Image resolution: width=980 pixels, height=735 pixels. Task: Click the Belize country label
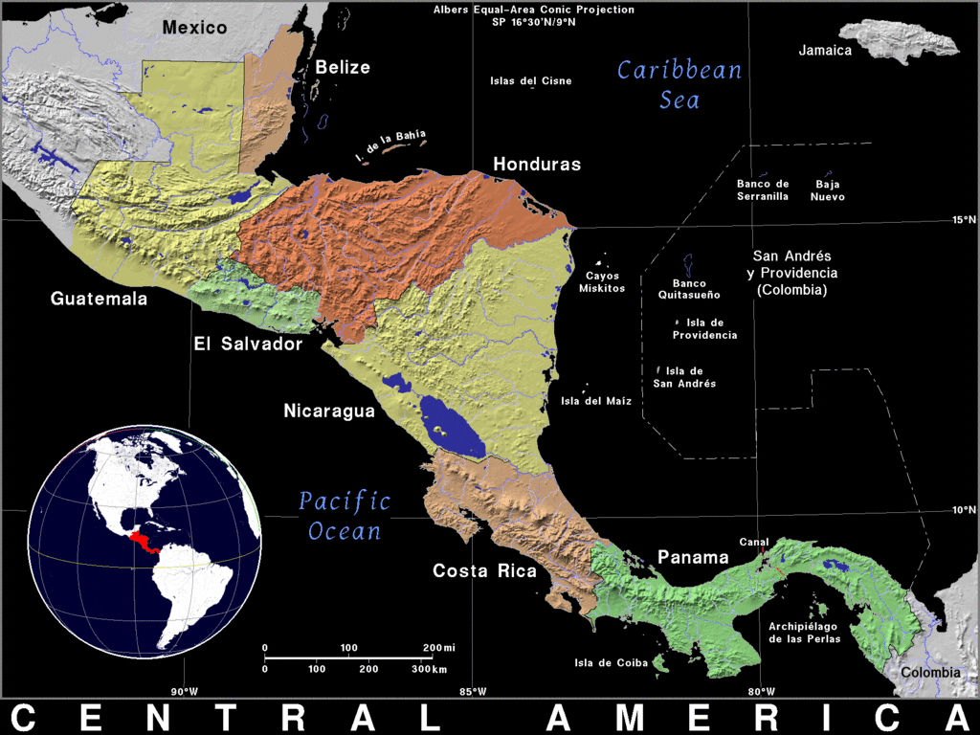point(343,67)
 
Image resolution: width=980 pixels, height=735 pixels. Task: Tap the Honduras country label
point(537,165)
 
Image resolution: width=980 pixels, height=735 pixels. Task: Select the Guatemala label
point(100,299)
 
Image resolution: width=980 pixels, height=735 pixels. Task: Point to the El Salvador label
point(248,344)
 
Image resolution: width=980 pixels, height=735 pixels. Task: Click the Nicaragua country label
point(328,412)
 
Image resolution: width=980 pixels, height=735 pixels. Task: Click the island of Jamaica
point(900,40)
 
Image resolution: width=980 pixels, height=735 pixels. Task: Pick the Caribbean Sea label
point(679,84)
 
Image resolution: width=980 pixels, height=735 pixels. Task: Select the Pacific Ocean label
point(345,516)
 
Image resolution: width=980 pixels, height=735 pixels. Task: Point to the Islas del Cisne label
point(531,81)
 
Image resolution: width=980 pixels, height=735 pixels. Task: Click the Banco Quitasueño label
point(689,289)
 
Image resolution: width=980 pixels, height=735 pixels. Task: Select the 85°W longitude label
point(473,692)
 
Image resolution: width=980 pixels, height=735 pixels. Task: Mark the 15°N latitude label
point(964,220)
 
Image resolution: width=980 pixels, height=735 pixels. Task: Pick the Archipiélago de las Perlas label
point(805,633)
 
